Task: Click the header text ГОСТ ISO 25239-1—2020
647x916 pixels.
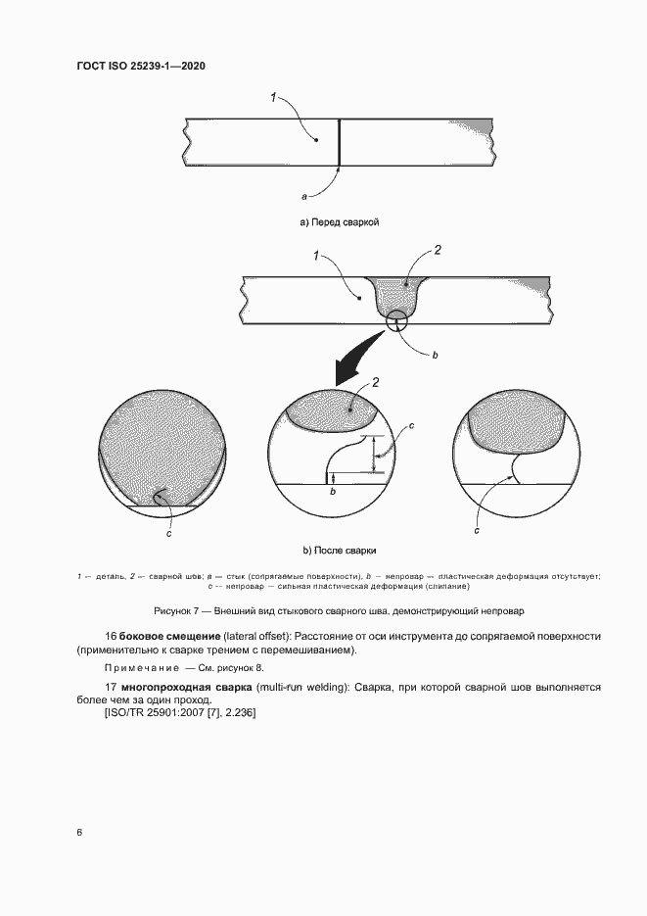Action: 140,67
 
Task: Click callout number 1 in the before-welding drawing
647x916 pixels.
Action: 274,97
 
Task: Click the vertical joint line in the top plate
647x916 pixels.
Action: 339,143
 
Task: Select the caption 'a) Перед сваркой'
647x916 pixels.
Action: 339,222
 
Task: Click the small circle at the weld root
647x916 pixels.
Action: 396,320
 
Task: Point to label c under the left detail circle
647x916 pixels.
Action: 168,533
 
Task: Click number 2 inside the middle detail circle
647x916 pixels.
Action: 376,381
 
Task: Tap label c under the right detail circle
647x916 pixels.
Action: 477,530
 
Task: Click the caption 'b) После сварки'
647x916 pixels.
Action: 339,551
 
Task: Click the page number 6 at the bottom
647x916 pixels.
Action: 79,833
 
